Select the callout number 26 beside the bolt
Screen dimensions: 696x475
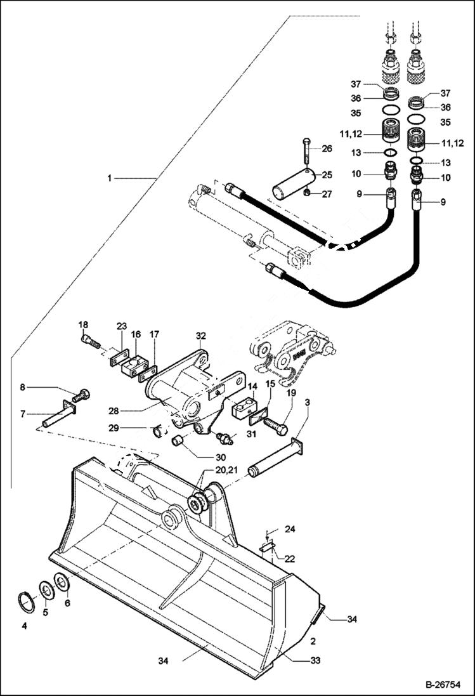(327, 149)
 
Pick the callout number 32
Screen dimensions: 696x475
(201, 336)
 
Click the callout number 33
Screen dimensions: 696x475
(315, 660)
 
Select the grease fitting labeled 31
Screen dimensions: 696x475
(224, 438)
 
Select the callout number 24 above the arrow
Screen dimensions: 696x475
(290, 529)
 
